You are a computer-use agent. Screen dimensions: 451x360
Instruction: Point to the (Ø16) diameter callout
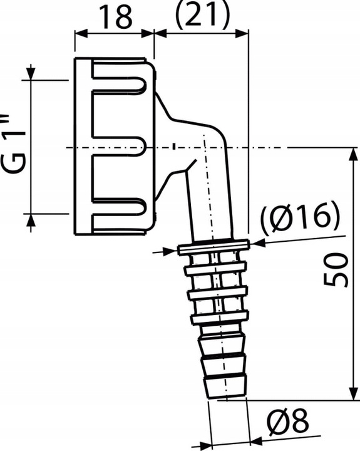pos(301,217)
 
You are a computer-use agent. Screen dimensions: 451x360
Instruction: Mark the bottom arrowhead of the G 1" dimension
pos(30,220)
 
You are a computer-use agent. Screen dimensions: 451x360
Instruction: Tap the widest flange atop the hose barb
pos(212,248)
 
